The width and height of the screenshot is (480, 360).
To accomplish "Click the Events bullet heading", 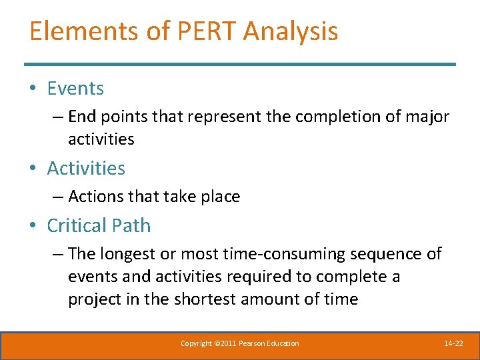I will (x=75, y=88).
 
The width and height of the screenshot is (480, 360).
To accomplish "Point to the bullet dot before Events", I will (x=33, y=89).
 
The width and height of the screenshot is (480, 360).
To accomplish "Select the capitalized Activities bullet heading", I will (x=86, y=168).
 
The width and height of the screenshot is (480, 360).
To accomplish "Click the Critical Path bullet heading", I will (x=99, y=225).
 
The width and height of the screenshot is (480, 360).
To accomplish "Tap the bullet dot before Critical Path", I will (x=33, y=226).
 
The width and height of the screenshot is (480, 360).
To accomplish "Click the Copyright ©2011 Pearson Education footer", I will (x=240, y=343).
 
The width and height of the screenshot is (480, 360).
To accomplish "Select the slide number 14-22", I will (x=453, y=343).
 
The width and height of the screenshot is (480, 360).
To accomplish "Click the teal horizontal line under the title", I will (x=240, y=64).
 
